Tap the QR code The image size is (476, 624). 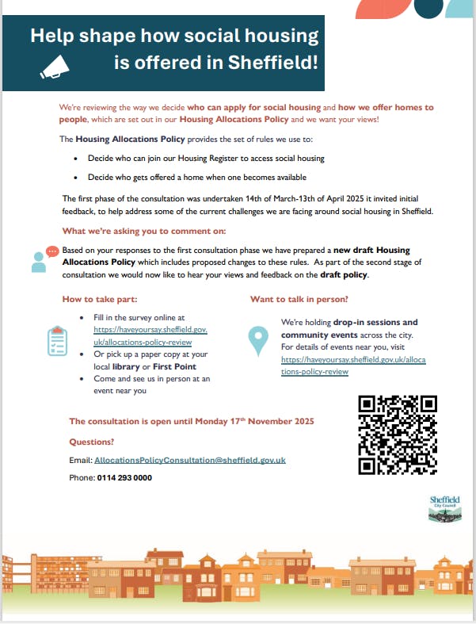coord(398,435)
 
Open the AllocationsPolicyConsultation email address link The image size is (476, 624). coord(189,460)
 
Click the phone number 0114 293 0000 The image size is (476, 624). coord(124,478)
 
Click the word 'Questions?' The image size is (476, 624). coord(91,442)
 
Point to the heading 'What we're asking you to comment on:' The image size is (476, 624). coord(143,231)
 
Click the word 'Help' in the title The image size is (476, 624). coord(53,36)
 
